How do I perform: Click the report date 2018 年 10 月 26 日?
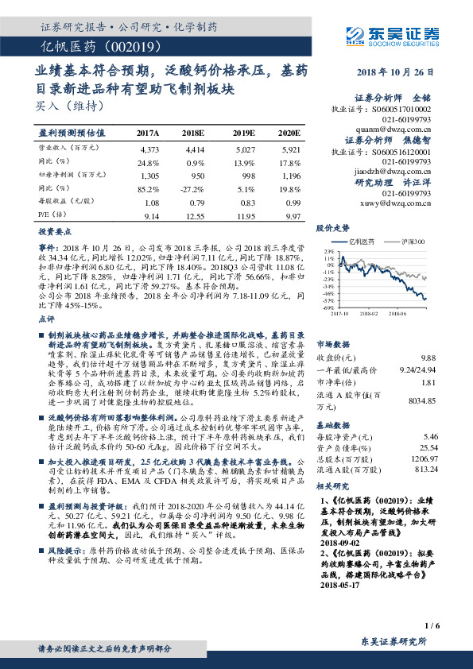pyautogui.click(x=392, y=72)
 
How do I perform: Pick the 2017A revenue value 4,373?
pyautogui.click(x=149, y=149)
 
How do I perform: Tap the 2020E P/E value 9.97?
pyautogui.click(x=292, y=216)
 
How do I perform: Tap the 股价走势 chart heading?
pyautogui.click(x=333, y=227)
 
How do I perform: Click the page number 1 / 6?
pyautogui.click(x=433, y=625)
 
